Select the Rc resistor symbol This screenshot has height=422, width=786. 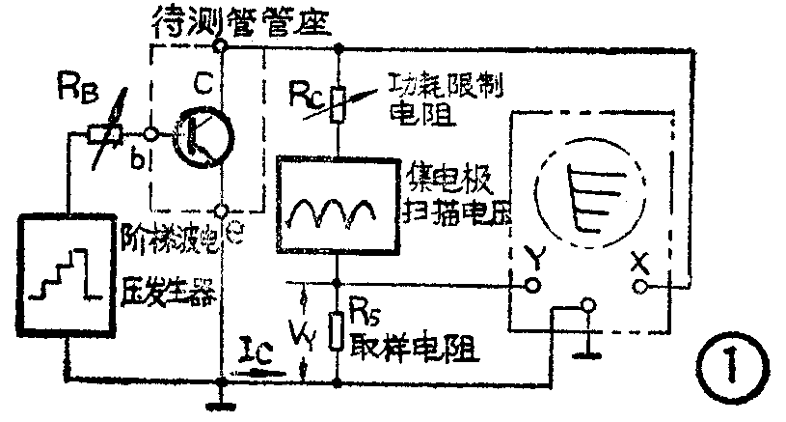[x=338, y=103]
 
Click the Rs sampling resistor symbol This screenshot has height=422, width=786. [x=338, y=328]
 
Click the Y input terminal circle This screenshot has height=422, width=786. [x=530, y=287]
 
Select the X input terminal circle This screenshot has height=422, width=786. [x=637, y=287]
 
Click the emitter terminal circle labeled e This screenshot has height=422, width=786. [x=221, y=209]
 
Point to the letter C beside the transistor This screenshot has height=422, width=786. [x=203, y=88]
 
